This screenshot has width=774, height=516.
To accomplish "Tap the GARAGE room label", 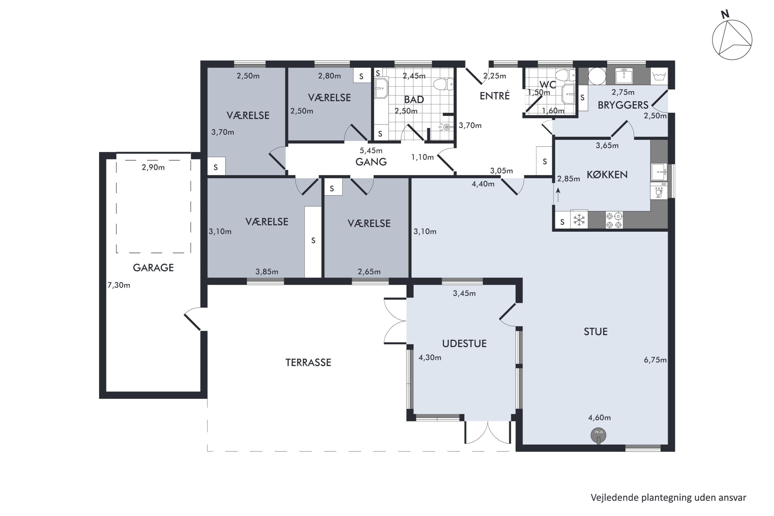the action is point(153,268).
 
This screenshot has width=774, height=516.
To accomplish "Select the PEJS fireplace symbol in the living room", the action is point(598,436).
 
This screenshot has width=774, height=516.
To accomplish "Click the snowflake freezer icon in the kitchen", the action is point(579,220).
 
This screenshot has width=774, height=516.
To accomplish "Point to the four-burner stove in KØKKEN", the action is point(614,220).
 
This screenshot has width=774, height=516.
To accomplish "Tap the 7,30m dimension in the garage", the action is point(119,285).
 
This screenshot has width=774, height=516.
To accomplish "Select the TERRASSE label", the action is point(308,362).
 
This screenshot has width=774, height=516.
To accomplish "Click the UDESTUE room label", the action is point(464,344).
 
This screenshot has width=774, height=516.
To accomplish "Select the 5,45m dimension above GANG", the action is point(371,150).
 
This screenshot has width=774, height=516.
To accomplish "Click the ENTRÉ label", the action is point(494,96).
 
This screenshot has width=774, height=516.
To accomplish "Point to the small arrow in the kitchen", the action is point(558,195).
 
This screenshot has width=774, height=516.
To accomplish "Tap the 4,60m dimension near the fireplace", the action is point(599,418).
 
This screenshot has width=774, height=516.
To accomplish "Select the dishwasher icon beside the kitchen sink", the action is point(659,191).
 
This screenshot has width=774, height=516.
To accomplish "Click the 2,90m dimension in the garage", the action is point(153,167).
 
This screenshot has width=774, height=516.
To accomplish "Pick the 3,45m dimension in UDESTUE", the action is point(464,293).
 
